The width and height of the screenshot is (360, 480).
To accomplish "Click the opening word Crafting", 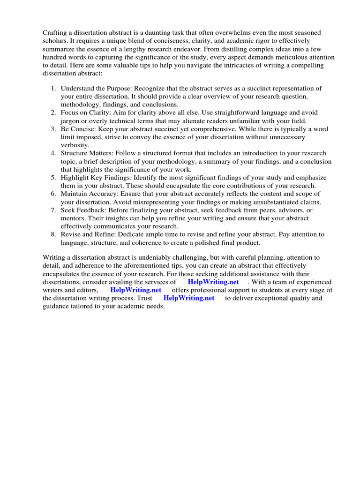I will coord(56,32).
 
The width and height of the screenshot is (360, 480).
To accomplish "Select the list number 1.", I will coord(53,89).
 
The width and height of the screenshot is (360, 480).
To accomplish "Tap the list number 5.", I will coord(53,178).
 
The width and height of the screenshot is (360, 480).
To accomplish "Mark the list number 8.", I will coord(53,234).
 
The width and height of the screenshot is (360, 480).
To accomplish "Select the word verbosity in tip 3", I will coord(75,145).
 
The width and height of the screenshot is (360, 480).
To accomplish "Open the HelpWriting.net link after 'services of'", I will coord(213,282).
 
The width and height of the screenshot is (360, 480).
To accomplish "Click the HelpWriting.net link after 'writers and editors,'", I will coord(136,290).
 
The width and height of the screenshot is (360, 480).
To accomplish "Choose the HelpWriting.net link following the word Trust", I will coord(188,298).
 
